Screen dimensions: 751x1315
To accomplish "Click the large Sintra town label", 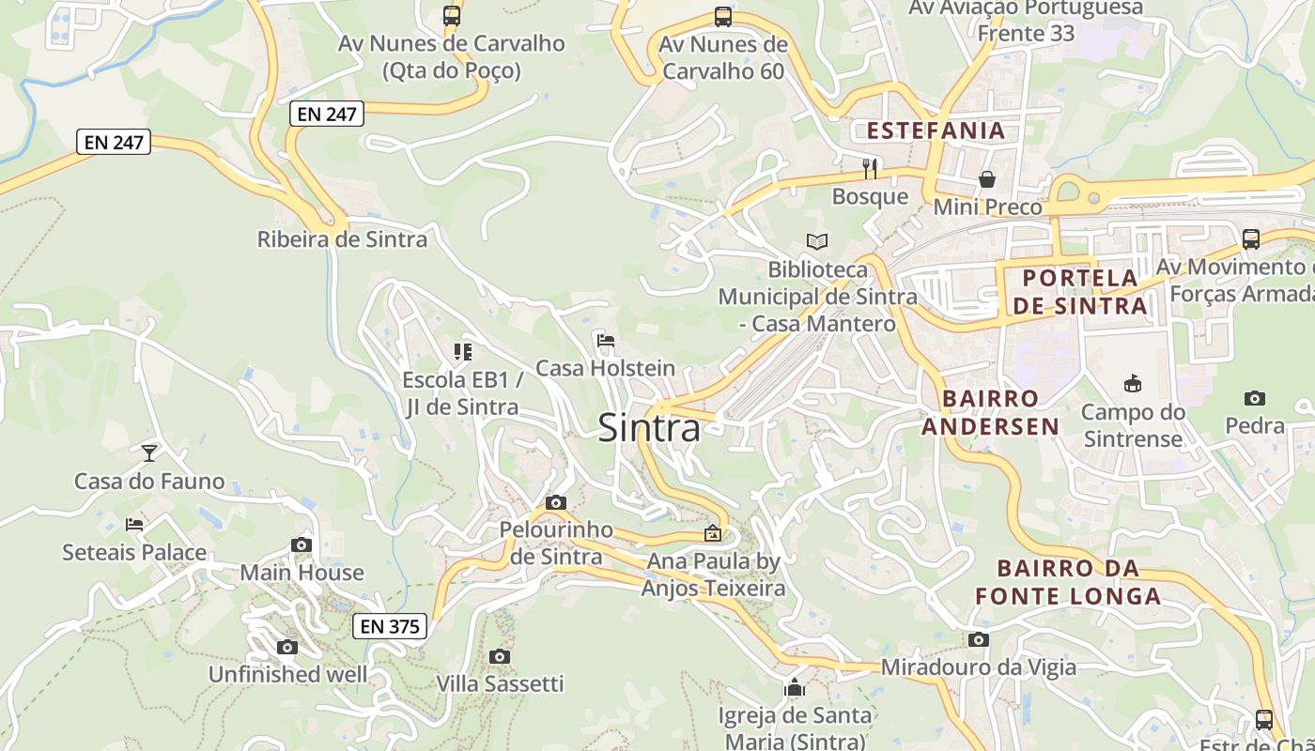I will pos(649,428).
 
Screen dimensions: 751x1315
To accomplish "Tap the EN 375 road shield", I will pos(390,626).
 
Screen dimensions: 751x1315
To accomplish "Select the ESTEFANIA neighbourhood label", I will pos(936,130).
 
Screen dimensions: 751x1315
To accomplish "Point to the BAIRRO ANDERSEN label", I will pos(990,412).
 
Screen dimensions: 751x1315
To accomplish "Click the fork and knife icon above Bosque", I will pos(870,168).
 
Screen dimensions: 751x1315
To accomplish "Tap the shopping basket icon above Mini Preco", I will pos(987,178).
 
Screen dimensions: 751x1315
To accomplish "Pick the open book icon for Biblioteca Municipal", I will pos(817,242).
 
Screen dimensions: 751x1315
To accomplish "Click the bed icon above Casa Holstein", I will pos(606,340).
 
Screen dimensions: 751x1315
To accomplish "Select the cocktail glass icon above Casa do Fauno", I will pos(149,453).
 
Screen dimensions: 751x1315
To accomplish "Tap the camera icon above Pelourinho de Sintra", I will pos(556,502).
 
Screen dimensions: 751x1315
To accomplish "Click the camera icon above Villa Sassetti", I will pos(500,656).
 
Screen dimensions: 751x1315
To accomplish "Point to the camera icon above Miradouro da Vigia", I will pos(978,640).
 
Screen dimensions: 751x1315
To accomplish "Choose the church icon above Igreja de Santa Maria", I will pos(795,687).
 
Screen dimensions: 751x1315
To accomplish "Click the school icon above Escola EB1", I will pos(462,352).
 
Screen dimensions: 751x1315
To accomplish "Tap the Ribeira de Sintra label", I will pos(342,239).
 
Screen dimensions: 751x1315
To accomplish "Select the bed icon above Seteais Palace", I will pos(134,524).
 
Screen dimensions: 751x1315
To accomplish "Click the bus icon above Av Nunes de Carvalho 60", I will pos(722,16).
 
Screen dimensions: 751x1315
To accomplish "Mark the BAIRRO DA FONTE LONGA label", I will pos(1068,581).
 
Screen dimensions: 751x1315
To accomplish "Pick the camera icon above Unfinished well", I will pos(287,647).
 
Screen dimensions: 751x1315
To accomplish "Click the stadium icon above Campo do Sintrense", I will pos(1133,383).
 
